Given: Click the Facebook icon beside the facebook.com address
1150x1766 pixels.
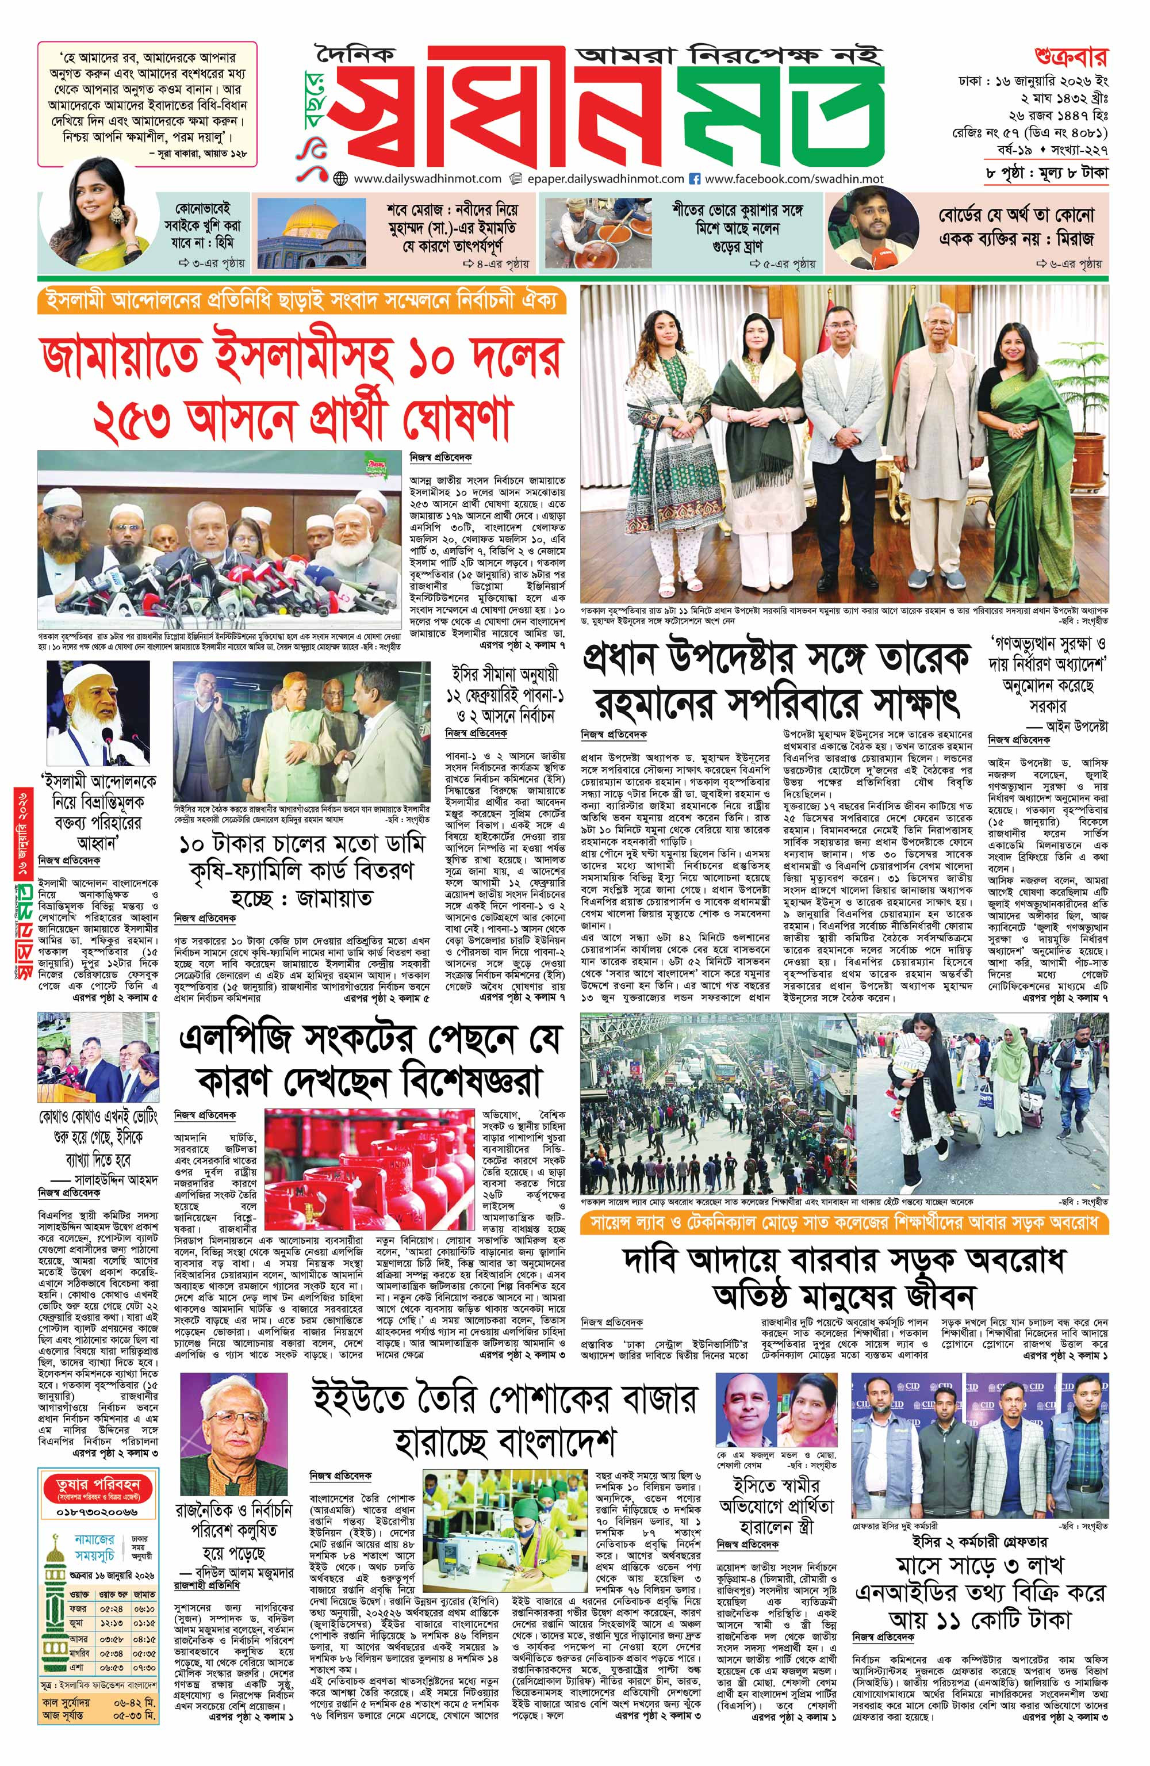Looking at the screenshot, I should (x=695, y=179).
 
